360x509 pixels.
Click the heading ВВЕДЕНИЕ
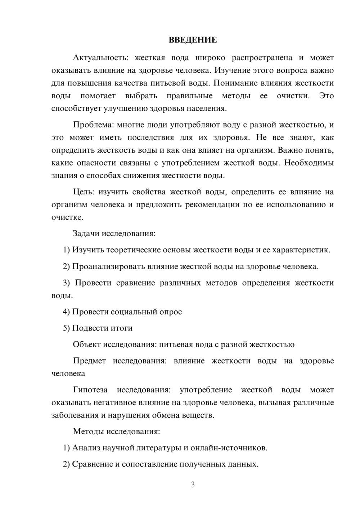193,40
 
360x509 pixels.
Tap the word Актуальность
100,58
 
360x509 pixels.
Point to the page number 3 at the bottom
193,485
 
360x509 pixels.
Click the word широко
211,58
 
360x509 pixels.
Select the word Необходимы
309,163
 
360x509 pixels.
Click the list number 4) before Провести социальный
66,312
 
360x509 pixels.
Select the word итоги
123,328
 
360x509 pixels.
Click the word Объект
87,344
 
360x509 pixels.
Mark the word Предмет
89,361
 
